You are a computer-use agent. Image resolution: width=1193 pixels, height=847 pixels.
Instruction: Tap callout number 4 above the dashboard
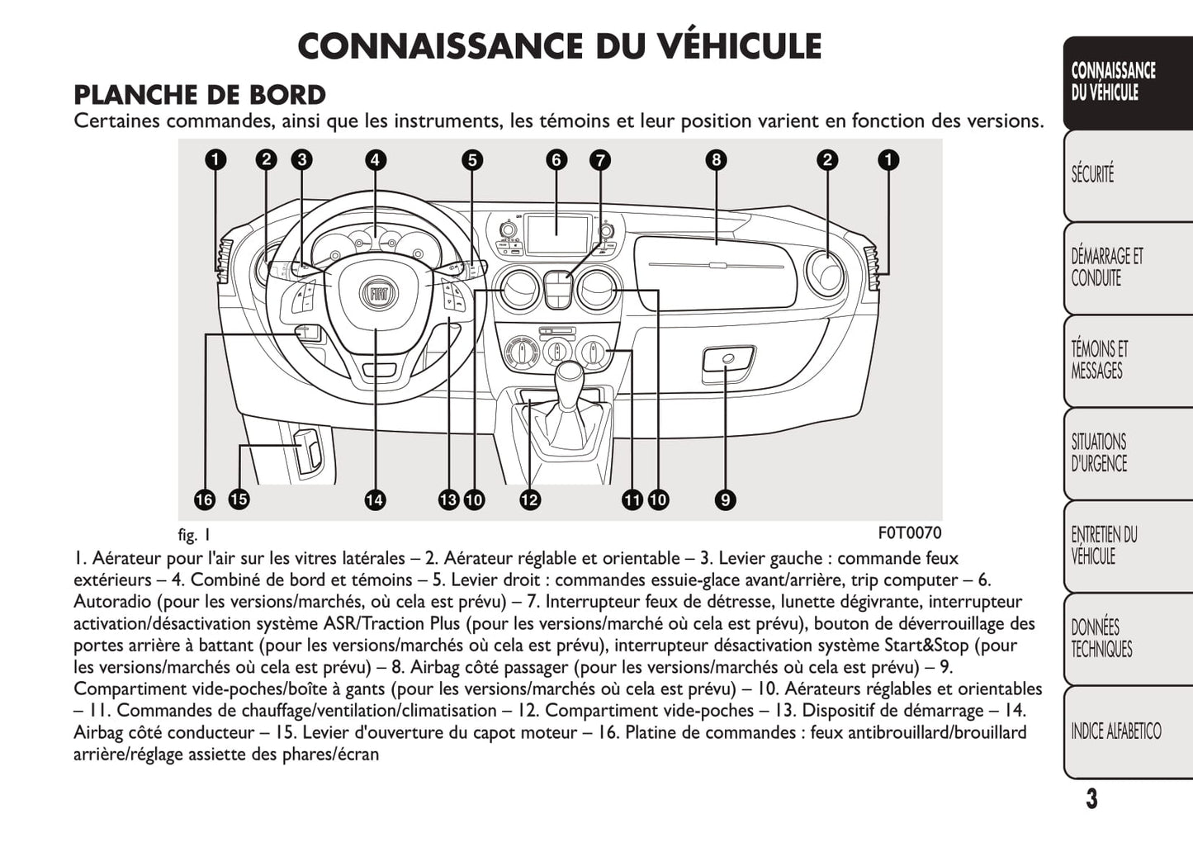pos(376,159)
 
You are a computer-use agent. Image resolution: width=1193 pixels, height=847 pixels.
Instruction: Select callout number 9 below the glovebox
pos(725,499)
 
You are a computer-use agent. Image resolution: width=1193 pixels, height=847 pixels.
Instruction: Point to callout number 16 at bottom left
pos(204,499)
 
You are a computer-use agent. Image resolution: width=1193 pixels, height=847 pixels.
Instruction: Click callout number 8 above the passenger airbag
pos(716,159)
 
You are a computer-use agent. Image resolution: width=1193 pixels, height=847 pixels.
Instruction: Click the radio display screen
pos(556,234)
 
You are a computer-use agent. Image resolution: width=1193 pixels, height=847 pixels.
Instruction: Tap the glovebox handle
pos(727,361)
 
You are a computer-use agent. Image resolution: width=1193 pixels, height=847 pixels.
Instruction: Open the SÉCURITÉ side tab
pos(1092,174)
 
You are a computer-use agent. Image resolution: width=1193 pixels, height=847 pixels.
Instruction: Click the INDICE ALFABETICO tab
pos(1115,731)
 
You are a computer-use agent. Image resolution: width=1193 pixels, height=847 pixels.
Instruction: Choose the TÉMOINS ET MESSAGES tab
pos(1099,360)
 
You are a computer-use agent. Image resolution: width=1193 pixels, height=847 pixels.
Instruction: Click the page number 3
pos(1091,799)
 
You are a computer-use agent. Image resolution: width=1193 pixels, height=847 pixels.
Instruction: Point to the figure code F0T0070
pos(908,532)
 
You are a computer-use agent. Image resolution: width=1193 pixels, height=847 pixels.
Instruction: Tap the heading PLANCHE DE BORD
pos(200,95)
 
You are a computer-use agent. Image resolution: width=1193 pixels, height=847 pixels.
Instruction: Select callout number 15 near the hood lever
pos(239,499)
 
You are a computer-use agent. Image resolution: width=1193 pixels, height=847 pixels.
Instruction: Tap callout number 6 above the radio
pos(556,159)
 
